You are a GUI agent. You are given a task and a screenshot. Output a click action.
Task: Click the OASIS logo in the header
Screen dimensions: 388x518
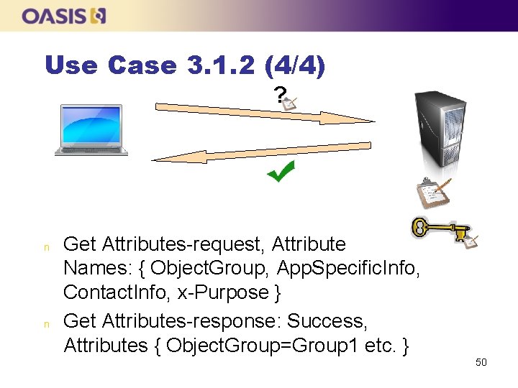65,16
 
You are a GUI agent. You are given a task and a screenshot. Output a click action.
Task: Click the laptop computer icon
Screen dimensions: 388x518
91,130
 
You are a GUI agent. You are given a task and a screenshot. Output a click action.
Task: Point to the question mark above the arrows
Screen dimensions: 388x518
279,94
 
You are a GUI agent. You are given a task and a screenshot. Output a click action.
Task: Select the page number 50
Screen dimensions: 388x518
481,362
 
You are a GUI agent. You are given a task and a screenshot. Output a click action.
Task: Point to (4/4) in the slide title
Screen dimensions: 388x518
295,66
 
